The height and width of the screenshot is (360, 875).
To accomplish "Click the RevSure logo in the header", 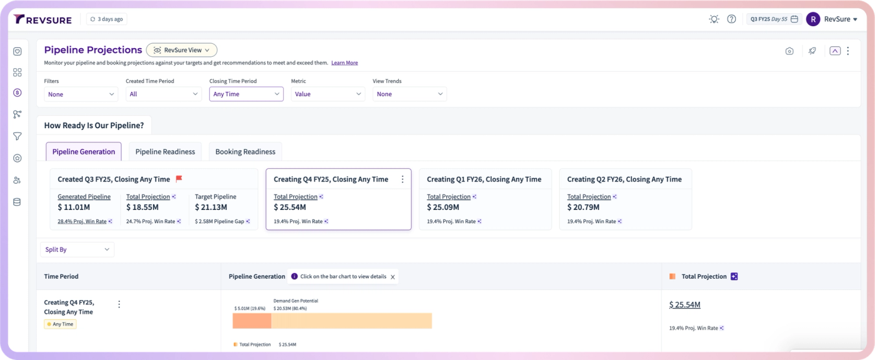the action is [x=42, y=19].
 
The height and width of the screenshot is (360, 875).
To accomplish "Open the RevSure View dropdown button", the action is [x=182, y=50].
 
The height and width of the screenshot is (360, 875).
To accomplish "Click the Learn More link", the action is [x=344, y=62].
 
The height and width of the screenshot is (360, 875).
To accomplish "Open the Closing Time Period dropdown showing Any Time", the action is [x=246, y=94].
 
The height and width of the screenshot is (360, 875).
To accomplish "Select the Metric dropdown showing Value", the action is [x=327, y=94].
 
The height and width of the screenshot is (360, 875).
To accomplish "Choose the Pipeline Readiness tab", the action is [x=165, y=151].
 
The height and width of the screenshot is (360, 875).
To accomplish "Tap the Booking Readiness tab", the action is [x=245, y=151].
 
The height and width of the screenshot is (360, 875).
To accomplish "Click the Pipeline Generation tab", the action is [x=84, y=151].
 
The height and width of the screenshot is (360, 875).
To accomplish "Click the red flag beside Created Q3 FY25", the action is [x=179, y=179].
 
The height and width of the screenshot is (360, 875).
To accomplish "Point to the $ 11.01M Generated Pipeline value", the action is [x=74, y=207].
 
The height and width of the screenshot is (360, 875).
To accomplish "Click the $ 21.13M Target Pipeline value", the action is [x=211, y=207].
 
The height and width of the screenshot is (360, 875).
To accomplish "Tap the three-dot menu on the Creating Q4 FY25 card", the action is [x=402, y=179].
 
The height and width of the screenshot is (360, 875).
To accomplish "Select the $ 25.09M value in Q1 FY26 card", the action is [x=443, y=207].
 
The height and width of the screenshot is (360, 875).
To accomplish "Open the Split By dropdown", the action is [x=77, y=249].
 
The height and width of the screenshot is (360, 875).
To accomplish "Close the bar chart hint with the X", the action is [x=392, y=277].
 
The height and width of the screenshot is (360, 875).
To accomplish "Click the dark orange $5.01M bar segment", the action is [x=252, y=321].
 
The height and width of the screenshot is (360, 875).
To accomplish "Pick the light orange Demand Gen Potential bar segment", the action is [x=351, y=321].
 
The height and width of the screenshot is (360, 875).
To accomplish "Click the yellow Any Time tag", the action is [x=60, y=324].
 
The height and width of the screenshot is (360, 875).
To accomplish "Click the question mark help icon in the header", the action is [x=731, y=19].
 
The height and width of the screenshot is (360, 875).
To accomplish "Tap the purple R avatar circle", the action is [x=813, y=19].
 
